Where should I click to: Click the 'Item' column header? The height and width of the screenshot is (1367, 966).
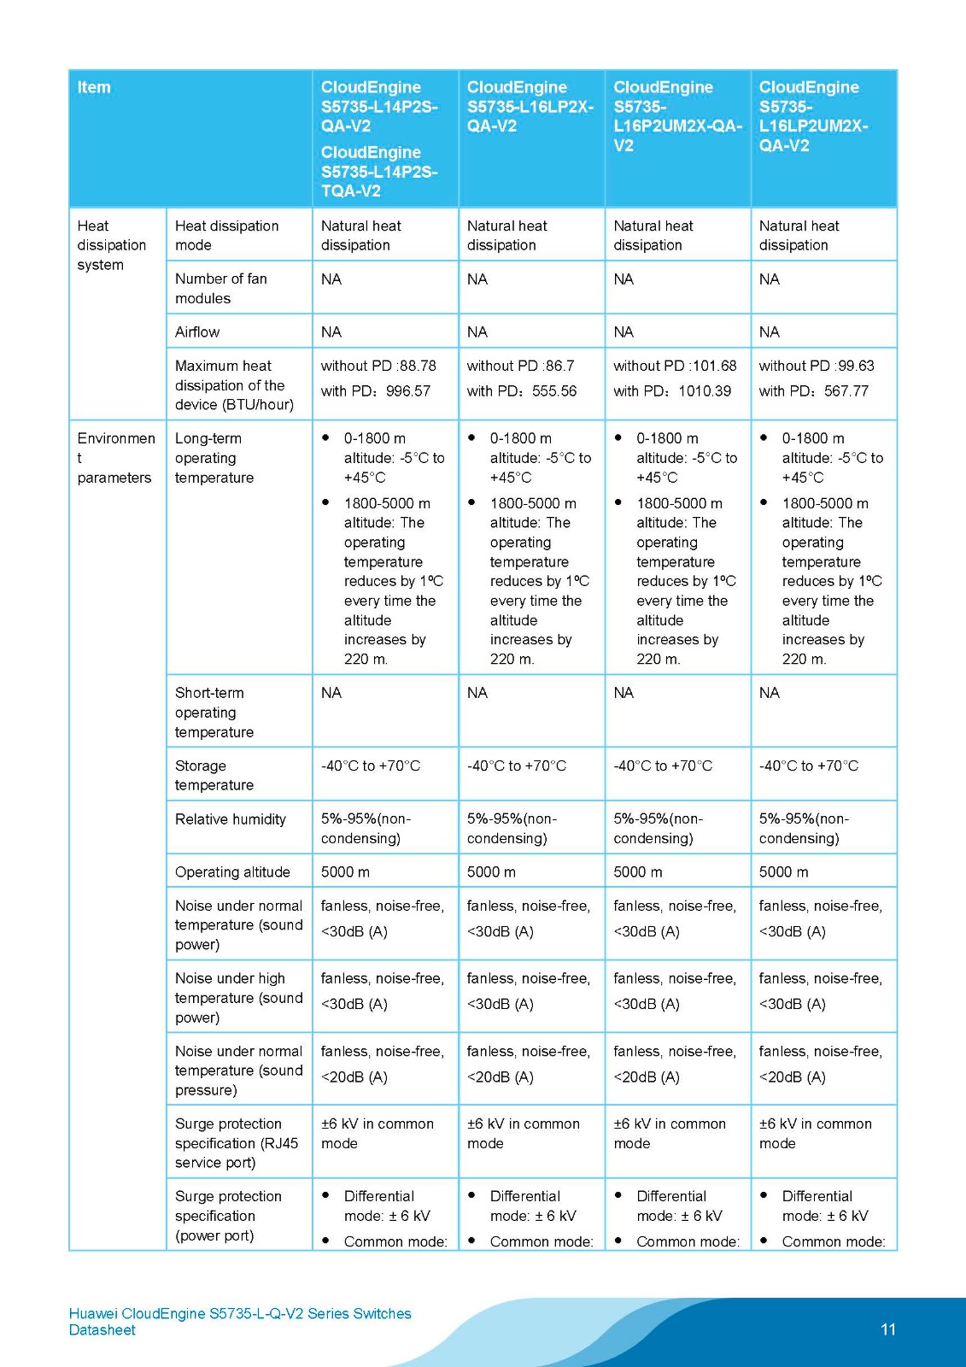[94, 87]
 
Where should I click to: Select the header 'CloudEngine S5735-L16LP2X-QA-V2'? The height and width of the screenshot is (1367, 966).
[530, 106]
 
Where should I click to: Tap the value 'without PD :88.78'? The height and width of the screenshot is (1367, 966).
[378, 366]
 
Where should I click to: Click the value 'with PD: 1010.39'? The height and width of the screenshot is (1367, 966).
[671, 391]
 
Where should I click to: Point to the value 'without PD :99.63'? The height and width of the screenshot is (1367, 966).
[817, 366]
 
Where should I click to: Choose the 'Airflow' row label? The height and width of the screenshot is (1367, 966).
[197, 331]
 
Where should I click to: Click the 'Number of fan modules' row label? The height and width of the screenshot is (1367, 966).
[220, 289]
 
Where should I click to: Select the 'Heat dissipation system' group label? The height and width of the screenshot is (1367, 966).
[111, 245]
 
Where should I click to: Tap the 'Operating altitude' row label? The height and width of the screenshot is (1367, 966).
[232, 871]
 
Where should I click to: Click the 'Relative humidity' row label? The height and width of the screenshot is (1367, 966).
[231, 818]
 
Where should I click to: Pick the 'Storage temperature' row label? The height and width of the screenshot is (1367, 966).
[214, 775]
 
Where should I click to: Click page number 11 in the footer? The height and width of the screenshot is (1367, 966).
[888, 1329]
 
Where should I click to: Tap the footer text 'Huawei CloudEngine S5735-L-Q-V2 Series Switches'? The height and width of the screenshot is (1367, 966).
[240, 1313]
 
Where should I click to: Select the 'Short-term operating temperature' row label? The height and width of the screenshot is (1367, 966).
[214, 713]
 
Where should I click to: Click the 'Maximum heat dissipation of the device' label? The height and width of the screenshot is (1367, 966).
[234, 385]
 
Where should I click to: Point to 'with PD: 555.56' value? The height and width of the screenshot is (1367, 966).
[521, 391]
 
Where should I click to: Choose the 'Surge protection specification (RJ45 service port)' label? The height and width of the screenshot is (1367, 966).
[237, 1143]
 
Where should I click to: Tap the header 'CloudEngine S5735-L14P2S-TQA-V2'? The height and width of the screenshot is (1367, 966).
[379, 172]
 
